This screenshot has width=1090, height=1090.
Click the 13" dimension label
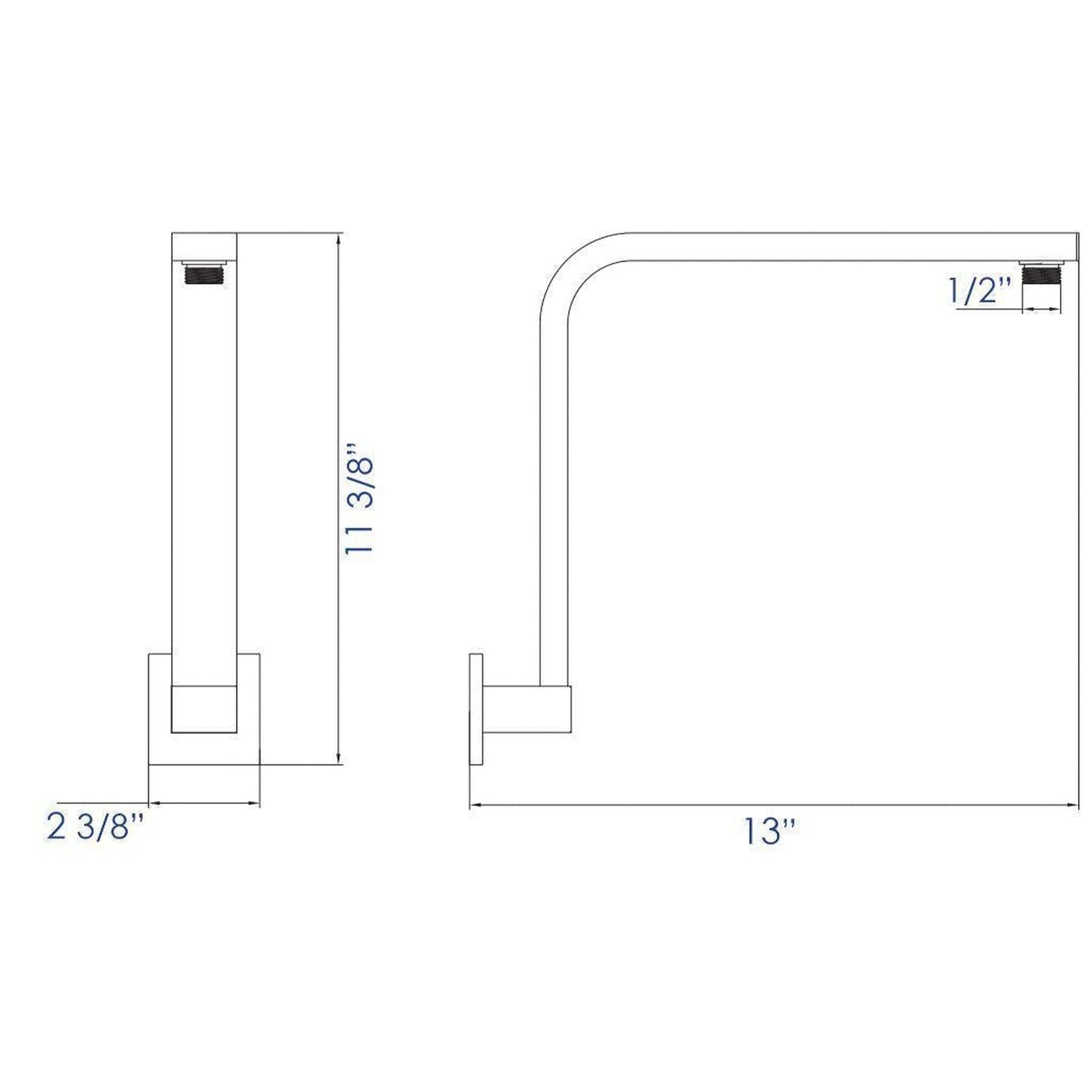770,831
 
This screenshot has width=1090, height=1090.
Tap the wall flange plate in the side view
476,709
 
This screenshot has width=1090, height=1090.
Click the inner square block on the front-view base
204,709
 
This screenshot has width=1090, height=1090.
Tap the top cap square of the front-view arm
204,245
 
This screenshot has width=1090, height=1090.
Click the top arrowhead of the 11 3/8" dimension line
338,238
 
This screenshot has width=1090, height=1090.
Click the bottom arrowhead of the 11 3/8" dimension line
338,759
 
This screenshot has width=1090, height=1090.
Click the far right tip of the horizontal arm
1075,246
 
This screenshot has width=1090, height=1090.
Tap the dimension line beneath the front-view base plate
204,803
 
